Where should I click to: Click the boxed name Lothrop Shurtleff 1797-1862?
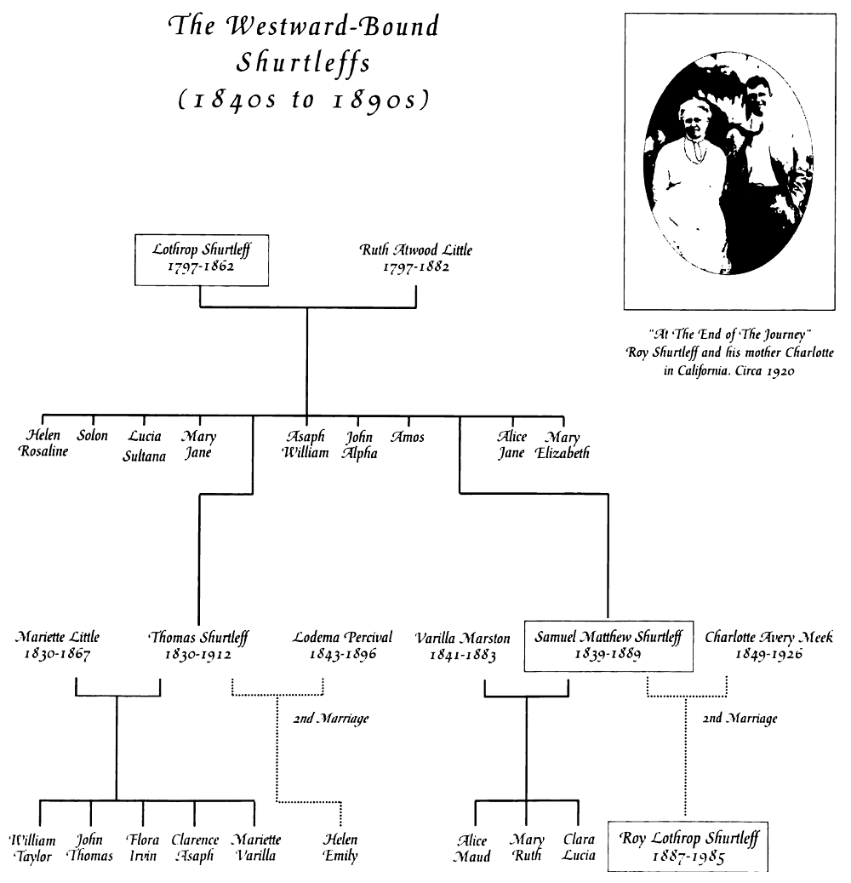point(200,258)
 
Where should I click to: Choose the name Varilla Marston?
point(463,638)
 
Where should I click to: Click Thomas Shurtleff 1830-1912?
point(197,645)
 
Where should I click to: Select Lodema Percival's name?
point(343,637)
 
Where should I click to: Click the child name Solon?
point(93,436)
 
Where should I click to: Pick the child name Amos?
point(407,437)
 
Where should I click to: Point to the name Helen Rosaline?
point(43,444)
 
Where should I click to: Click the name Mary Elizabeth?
point(563,444)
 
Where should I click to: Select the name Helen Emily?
point(340,847)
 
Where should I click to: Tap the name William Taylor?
point(35,847)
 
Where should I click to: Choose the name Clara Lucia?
point(579,847)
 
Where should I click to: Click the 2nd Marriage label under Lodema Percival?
point(330,719)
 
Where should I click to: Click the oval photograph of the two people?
point(727,162)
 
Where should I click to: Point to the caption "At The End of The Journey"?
point(727,334)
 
